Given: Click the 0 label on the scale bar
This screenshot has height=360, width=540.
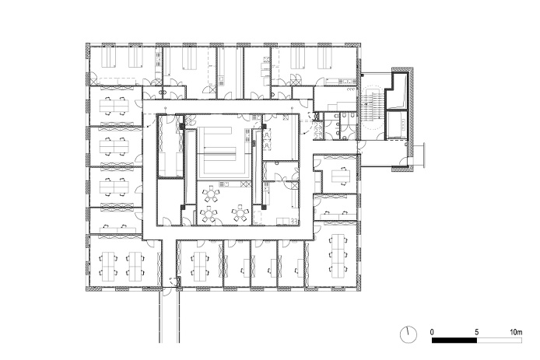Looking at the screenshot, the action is (x=432, y=332).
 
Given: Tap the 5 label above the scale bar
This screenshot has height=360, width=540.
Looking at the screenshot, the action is (x=477, y=332).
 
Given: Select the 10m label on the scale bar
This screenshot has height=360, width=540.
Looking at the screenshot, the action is (x=516, y=332).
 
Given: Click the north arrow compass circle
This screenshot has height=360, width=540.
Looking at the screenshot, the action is (x=408, y=334).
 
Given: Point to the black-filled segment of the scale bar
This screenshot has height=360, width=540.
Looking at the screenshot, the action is (x=454, y=340).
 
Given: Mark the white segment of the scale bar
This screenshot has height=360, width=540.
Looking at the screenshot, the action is (x=500, y=340).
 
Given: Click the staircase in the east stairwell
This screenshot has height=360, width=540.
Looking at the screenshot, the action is (x=373, y=107).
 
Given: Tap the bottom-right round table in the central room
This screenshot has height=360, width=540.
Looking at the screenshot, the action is (x=240, y=214).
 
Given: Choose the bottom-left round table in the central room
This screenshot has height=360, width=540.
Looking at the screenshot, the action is (x=208, y=215).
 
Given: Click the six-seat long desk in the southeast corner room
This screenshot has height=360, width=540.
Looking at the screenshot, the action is (x=338, y=256).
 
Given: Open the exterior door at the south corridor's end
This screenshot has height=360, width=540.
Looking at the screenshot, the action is (x=166, y=291).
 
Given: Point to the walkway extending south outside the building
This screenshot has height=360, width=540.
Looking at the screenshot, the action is (x=169, y=316).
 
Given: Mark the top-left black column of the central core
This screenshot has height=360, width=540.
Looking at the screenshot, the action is (x=181, y=126).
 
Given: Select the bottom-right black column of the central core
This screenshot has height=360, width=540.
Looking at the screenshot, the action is (x=264, y=207).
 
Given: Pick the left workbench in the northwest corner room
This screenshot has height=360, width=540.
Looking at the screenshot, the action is (x=111, y=57).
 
